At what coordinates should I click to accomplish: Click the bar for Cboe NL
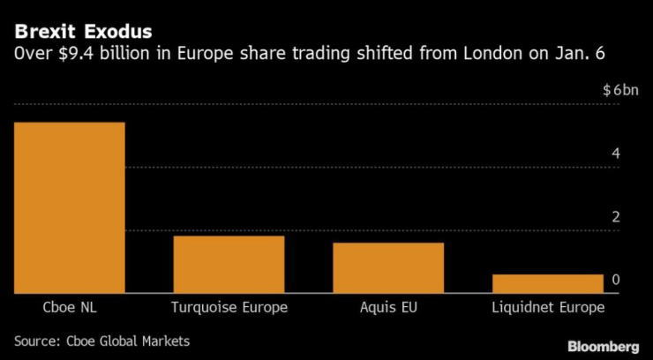pyautogui.click(x=69, y=207)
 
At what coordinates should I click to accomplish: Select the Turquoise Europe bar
pyautogui.click(x=229, y=264)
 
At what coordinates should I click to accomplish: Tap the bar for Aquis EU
pyautogui.click(x=388, y=267)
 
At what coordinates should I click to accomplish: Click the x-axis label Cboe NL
pyautogui.click(x=69, y=308)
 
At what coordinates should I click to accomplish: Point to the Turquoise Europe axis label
pyautogui.click(x=229, y=308)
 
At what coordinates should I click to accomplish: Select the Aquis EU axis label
pyautogui.click(x=388, y=308)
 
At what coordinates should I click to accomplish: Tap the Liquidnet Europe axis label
pyautogui.click(x=548, y=308)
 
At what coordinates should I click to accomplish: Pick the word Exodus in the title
pyautogui.click(x=102, y=34)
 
